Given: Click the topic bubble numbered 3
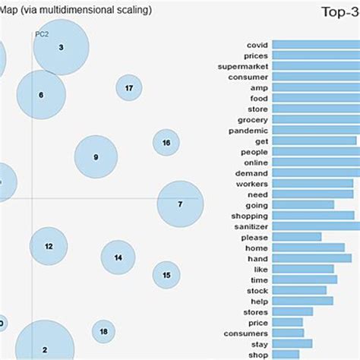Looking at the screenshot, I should pos(61,47).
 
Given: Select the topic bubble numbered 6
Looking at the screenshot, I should pos(41,95).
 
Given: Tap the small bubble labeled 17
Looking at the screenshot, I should pos(129,88).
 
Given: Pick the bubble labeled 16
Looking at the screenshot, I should pos(166,143).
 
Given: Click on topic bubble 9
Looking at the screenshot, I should pos(96,157).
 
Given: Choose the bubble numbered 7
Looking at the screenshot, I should pos(180,204).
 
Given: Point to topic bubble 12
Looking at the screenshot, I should pos(49,246).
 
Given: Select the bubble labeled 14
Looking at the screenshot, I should pos(118,257).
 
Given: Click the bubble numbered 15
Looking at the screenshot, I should pos(166,275).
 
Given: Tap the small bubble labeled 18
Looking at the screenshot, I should pos(103,332).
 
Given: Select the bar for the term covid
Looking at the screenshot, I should pos(315,45).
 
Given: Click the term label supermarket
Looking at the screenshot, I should pos(245,66).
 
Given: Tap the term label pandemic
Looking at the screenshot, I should pos(248,130).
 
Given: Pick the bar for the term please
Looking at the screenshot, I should pos(297,237).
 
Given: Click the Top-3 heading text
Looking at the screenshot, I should pos(339,12).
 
